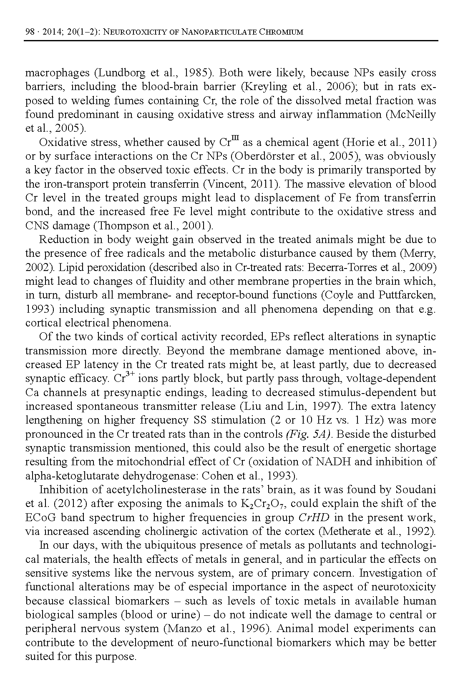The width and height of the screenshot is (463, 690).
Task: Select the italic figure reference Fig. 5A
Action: [x=308, y=434]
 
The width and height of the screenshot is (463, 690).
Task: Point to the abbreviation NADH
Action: [x=348, y=462]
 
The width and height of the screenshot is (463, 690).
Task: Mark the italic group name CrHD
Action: [x=314, y=517]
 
